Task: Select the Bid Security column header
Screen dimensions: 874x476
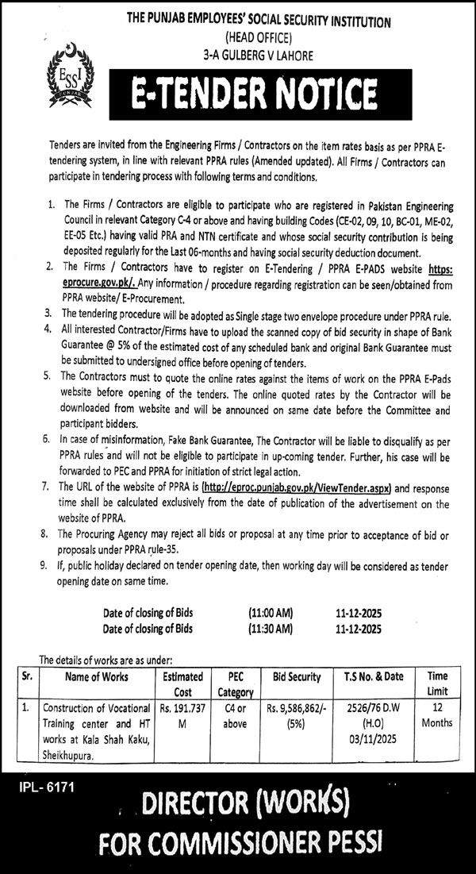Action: click(x=297, y=677)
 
